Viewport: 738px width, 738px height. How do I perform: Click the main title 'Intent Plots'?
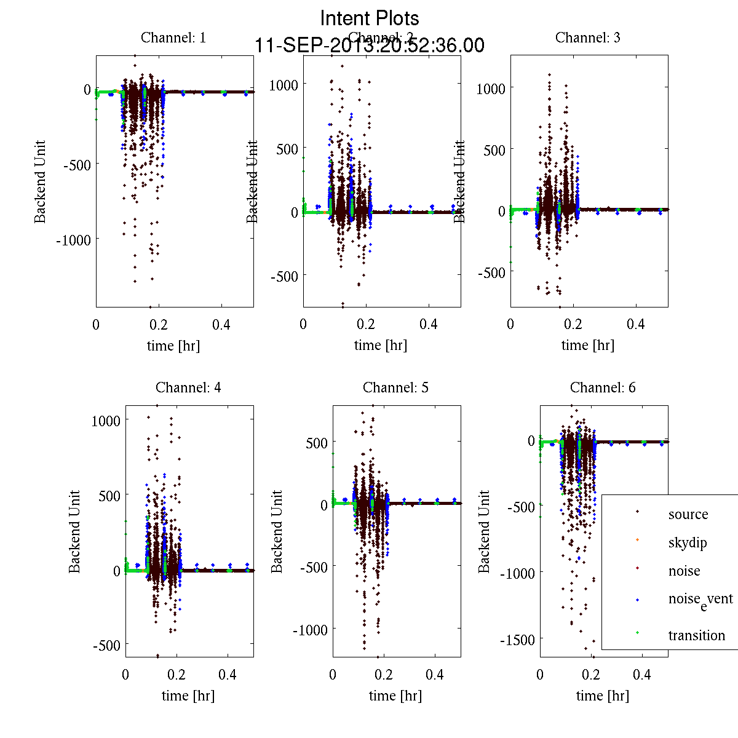click(x=370, y=18)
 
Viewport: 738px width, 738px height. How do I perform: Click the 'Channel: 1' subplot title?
click(x=173, y=38)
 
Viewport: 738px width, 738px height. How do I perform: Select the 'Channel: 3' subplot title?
click(x=587, y=38)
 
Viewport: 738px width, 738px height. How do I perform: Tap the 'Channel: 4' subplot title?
click(x=188, y=387)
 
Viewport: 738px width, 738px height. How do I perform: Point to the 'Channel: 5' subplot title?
click(x=395, y=387)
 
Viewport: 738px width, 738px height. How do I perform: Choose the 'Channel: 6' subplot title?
click(x=603, y=387)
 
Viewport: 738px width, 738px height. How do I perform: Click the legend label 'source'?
click(x=688, y=515)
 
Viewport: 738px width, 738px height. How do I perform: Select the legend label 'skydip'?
click(x=687, y=543)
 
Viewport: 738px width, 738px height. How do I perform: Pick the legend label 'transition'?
click(x=696, y=635)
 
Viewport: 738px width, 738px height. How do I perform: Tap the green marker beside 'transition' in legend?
click(x=637, y=633)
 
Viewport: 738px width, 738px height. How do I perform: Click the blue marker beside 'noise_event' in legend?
click(x=637, y=600)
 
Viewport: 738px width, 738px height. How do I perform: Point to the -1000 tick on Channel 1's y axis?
click(x=73, y=240)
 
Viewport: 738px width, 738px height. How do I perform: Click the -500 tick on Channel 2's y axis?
click(x=283, y=276)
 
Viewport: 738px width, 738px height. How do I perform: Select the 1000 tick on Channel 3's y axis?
click(x=491, y=89)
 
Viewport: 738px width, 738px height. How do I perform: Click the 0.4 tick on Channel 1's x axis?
click(x=221, y=324)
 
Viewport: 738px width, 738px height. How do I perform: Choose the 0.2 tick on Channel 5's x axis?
click(x=384, y=675)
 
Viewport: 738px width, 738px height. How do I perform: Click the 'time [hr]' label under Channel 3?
click(x=587, y=346)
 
